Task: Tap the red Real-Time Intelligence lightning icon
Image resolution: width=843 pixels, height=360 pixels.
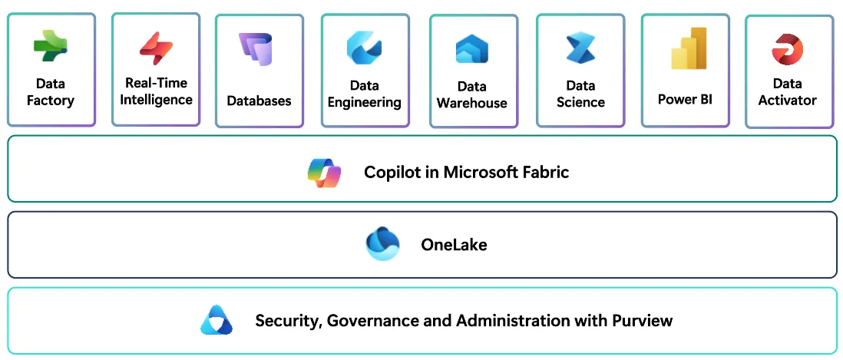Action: pyautogui.click(x=156, y=48)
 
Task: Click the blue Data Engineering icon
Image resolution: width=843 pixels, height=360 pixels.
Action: pyautogui.click(x=364, y=48)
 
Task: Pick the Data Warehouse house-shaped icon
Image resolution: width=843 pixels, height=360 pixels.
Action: pyautogui.click(x=472, y=50)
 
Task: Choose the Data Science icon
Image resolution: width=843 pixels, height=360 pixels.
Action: pyautogui.click(x=580, y=48)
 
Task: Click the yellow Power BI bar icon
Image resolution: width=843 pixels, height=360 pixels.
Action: pyautogui.click(x=688, y=49)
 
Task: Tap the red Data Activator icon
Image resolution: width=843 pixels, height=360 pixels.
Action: pyautogui.click(x=787, y=49)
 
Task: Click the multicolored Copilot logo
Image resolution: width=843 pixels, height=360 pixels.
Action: pyautogui.click(x=323, y=172)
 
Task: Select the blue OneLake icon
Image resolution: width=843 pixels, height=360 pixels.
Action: pyautogui.click(x=382, y=245)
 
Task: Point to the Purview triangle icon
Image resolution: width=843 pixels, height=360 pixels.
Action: pyautogui.click(x=216, y=320)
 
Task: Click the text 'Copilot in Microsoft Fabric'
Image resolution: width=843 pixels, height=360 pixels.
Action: pyautogui.click(x=466, y=172)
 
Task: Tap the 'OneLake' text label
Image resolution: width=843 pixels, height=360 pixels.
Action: pyautogui.click(x=454, y=245)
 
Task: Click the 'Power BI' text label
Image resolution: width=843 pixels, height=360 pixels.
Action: pyautogui.click(x=685, y=99)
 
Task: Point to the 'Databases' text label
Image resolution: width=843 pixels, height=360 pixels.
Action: pyautogui.click(x=259, y=101)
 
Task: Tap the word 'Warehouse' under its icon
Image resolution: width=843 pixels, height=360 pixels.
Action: pyautogui.click(x=471, y=103)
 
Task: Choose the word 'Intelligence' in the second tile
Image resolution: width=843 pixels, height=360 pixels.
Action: pyautogui.click(x=156, y=100)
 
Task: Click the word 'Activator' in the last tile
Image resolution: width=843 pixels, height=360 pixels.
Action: pyautogui.click(x=787, y=100)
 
